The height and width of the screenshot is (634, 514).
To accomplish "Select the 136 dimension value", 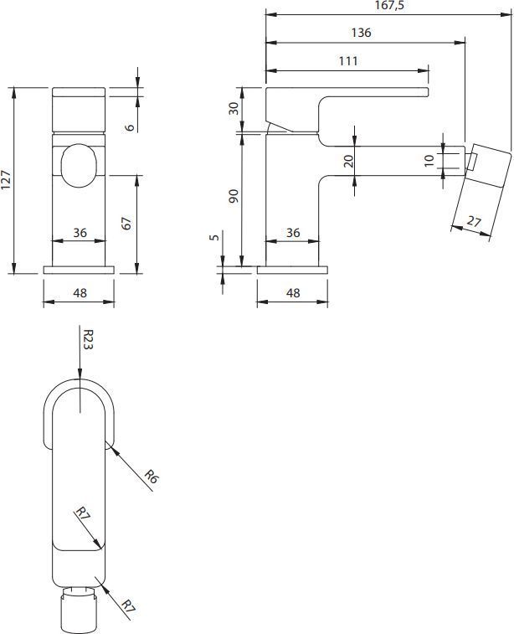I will [x=362, y=33].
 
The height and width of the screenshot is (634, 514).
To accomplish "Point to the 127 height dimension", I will [x=8, y=179].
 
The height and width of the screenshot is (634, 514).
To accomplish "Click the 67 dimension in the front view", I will [x=127, y=224].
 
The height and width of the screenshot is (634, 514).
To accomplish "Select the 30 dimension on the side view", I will [x=234, y=108].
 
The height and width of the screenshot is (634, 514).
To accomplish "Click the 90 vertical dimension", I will [x=234, y=197].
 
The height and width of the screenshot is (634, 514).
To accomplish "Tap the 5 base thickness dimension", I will [x=214, y=238].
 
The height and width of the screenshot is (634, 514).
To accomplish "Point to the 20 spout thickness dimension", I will [x=347, y=160].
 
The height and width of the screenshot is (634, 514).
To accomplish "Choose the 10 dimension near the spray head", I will [x=430, y=160].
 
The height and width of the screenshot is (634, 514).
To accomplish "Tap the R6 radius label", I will [x=151, y=477].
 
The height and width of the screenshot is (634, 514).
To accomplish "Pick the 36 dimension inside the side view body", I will [x=292, y=233].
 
